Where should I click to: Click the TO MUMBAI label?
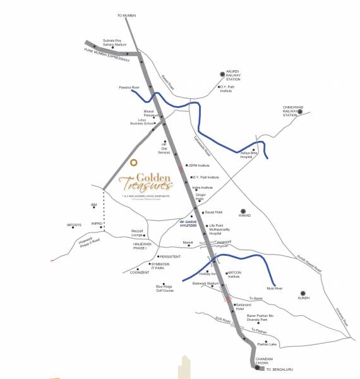pos(127,15)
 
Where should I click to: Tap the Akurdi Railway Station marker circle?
pos(221,73)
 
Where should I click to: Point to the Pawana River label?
pos(128,87)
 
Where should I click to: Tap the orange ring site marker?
pos(133,162)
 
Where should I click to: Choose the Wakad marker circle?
pos(243,212)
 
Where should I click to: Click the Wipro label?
pos(97,223)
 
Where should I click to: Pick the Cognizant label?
pos(139,272)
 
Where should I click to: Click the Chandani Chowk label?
pos(264,360)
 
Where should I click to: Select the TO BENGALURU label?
pos(280,368)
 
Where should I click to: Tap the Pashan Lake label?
pos(268,344)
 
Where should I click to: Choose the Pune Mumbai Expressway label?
pos(107,54)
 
